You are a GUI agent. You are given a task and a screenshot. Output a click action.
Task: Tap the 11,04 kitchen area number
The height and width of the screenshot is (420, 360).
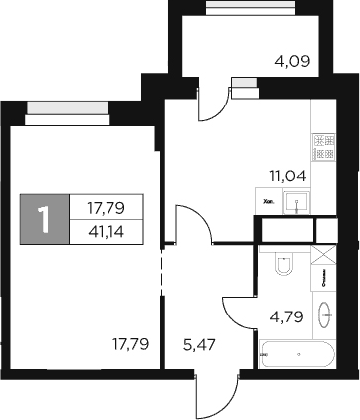click(x=286, y=177)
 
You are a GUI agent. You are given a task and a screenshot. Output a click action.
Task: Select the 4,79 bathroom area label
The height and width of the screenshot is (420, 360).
click(x=285, y=317)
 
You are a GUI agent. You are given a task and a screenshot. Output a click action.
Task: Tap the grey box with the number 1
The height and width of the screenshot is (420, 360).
click(x=44, y=219)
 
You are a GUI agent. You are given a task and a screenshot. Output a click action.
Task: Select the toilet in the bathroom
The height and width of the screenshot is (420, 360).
click(x=283, y=264)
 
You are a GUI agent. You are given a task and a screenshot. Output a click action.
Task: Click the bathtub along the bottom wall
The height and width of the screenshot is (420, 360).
click(x=297, y=353)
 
